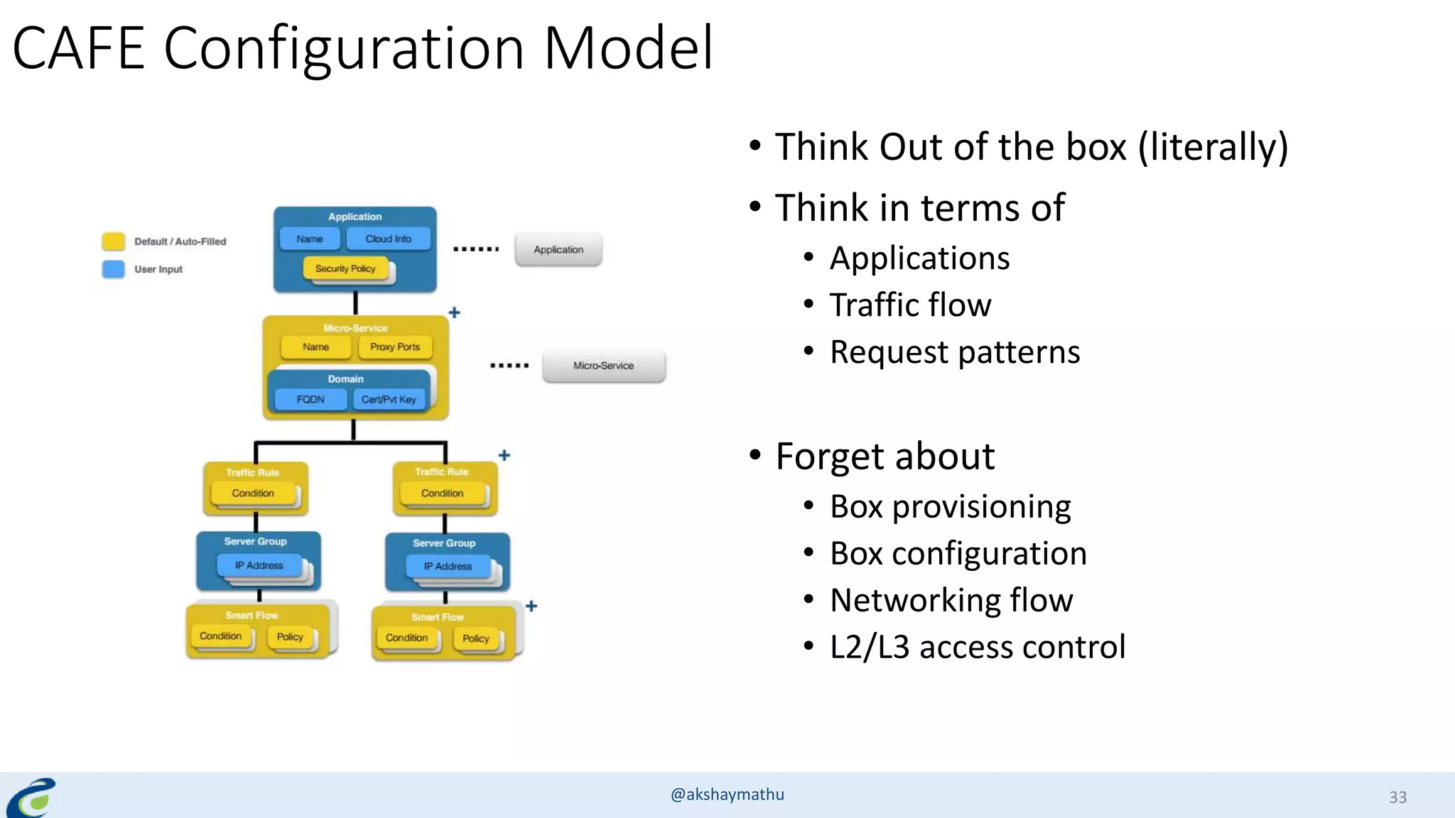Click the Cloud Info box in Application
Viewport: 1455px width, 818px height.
(388, 239)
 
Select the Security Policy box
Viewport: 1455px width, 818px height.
(345, 268)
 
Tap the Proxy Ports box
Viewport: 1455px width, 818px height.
(395, 347)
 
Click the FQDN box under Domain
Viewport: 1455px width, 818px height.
(310, 400)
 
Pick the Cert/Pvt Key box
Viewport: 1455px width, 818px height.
(389, 400)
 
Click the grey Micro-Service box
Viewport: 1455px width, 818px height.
(603, 366)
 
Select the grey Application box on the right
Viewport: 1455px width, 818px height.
(558, 250)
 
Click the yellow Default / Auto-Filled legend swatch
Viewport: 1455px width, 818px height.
(114, 241)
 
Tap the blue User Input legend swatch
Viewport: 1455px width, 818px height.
(114, 269)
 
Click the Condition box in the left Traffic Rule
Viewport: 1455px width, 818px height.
(253, 493)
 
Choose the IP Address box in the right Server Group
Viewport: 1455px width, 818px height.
(448, 567)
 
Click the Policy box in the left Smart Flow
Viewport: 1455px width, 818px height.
(290, 637)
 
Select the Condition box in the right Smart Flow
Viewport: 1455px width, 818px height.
(406, 638)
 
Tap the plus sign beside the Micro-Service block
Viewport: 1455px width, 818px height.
(455, 312)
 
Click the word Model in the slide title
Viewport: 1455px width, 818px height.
(628, 48)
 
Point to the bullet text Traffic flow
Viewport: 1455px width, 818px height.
(910, 305)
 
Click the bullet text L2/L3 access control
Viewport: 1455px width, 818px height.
(978, 647)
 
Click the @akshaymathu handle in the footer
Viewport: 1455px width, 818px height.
(727, 795)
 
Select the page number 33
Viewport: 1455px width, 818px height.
(1397, 797)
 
